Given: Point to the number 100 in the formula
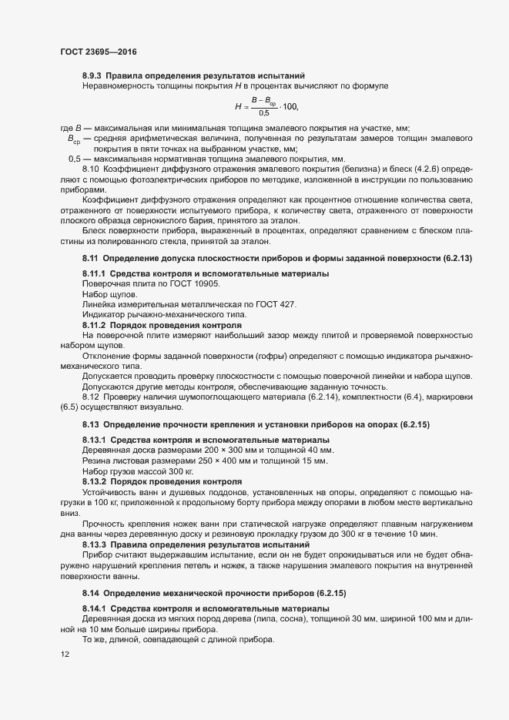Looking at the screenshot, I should click(290, 106).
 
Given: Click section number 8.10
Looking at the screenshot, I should click(91, 168).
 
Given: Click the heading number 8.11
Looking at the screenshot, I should click(91, 256).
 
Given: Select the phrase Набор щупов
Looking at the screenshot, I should click(110, 295).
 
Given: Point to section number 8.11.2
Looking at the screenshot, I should click(95, 326).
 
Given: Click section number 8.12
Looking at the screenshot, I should click(91, 397).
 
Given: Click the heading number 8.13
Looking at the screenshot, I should click(91, 425).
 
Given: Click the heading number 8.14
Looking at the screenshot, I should click(91, 594).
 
